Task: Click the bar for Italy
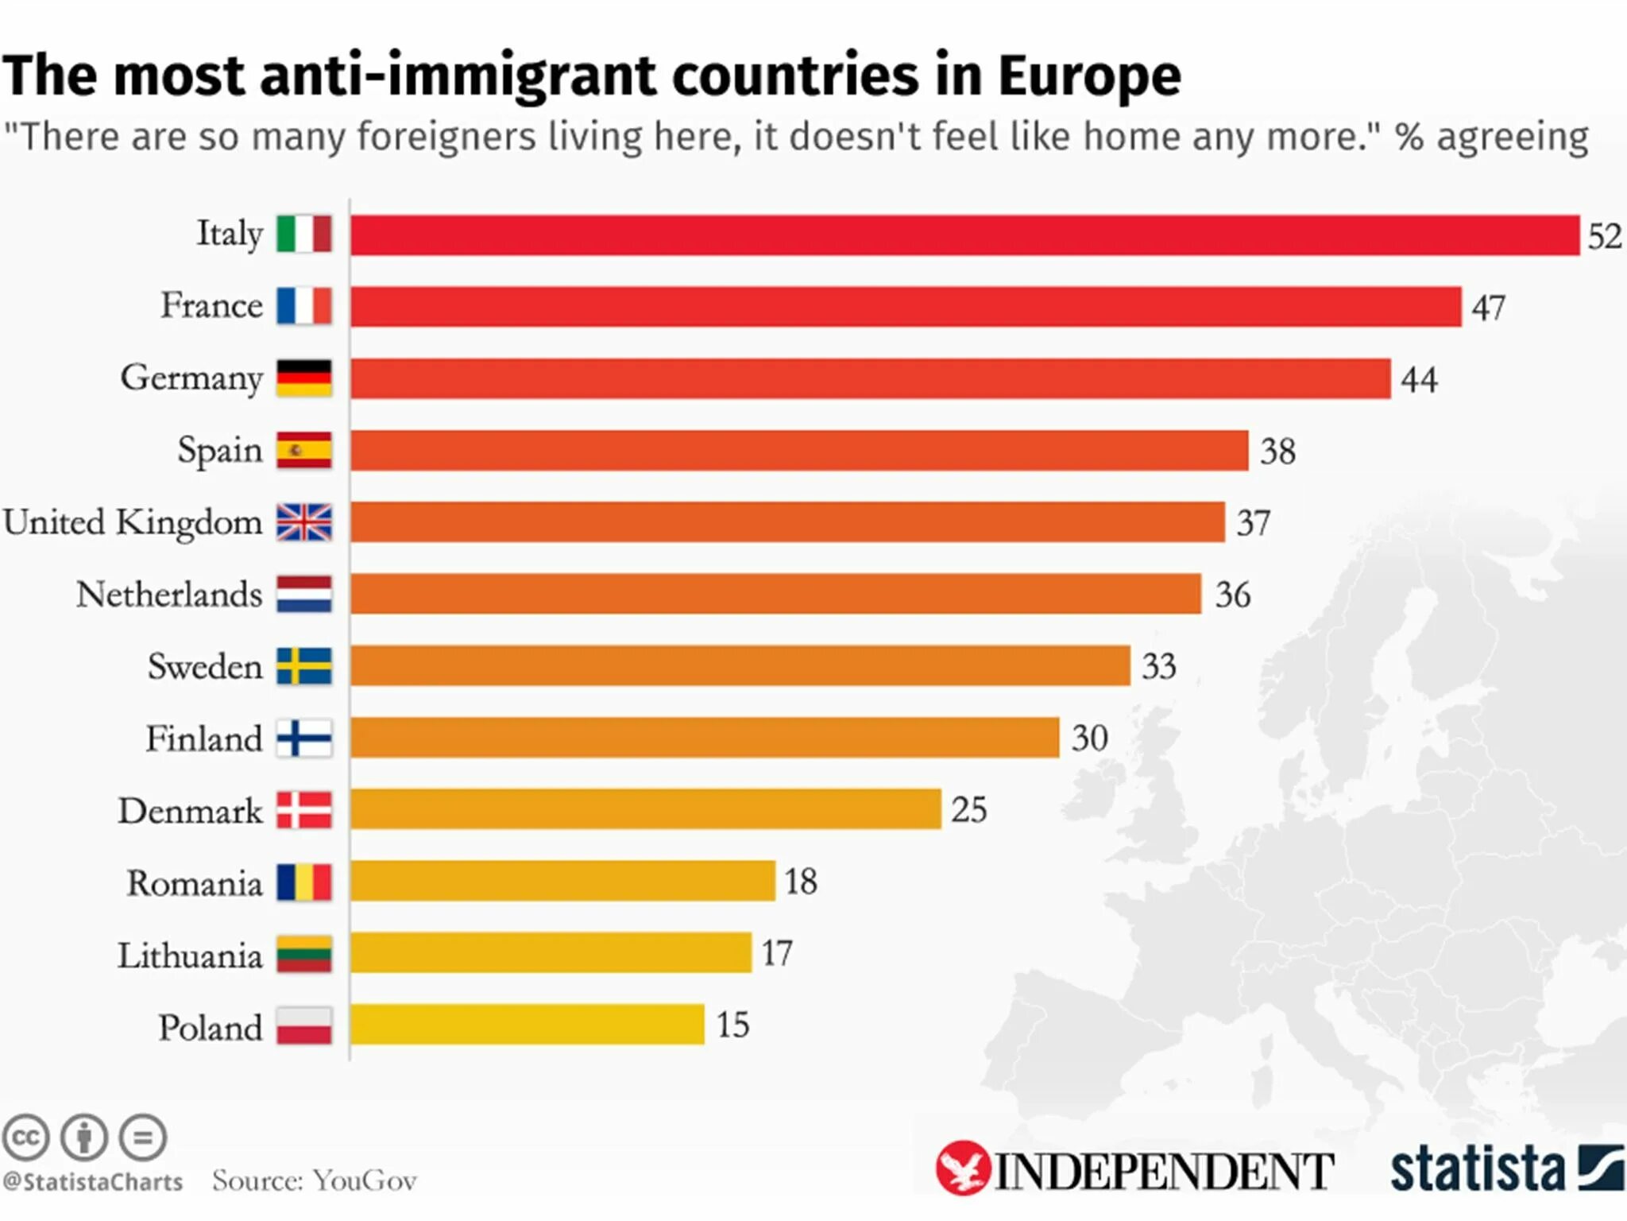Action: [x=964, y=235]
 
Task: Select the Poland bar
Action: [x=527, y=1024]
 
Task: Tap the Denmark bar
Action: [x=645, y=809]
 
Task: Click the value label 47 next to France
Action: [x=1488, y=308]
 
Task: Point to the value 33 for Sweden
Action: [x=1158, y=666]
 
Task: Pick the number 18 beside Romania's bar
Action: [x=801, y=882]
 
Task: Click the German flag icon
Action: [x=304, y=378]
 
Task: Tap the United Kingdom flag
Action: [x=304, y=522]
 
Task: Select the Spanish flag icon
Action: [x=304, y=450]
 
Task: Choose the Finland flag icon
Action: [x=304, y=738]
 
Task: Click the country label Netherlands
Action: [x=169, y=595]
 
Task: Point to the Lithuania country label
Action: [x=190, y=955]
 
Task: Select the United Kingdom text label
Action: [x=133, y=522]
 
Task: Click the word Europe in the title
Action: [x=1089, y=77]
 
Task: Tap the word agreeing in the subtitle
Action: [x=1512, y=137]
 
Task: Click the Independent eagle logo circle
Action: [x=963, y=1169]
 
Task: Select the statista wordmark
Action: [x=1477, y=1169]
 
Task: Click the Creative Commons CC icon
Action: [x=26, y=1138]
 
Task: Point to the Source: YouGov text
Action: [x=314, y=1180]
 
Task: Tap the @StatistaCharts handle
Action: [x=92, y=1182]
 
